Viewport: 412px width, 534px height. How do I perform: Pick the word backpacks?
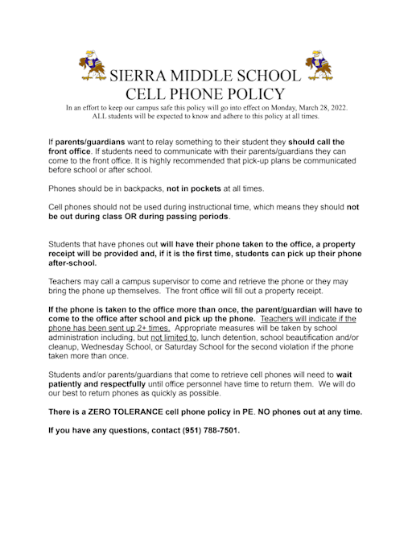[x=140, y=188]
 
